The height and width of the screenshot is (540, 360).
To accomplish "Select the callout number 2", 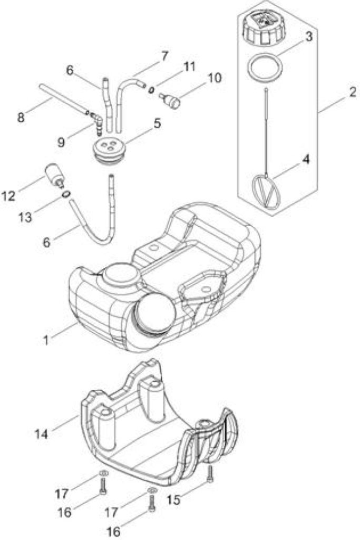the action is pyautogui.click(x=351, y=92).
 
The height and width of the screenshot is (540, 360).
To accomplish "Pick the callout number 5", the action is pyautogui.click(x=157, y=123).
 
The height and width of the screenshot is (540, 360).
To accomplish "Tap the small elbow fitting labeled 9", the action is pyautogui.click(x=97, y=122).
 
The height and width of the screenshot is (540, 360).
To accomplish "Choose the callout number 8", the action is pyautogui.click(x=21, y=118).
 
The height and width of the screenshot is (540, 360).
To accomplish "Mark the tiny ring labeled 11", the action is pyautogui.click(x=151, y=90).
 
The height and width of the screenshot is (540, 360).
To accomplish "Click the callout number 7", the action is pyautogui.click(x=164, y=56).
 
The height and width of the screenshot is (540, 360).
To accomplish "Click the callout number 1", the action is pyautogui.click(x=46, y=340).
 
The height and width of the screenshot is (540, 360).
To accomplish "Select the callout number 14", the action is pyautogui.click(x=41, y=434).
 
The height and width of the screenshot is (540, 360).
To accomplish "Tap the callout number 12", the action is pyautogui.click(x=9, y=196).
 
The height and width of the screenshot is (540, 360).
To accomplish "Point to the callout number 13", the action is pyautogui.click(x=25, y=218).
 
